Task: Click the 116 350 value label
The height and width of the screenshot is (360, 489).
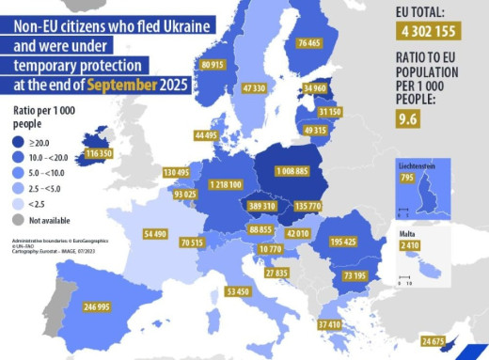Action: (x=100, y=152)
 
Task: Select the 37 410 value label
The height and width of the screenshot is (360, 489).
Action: (x=329, y=324)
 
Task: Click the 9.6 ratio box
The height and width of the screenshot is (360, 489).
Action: (x=407, y=119)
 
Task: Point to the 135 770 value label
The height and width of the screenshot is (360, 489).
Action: (x=308, y=206)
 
